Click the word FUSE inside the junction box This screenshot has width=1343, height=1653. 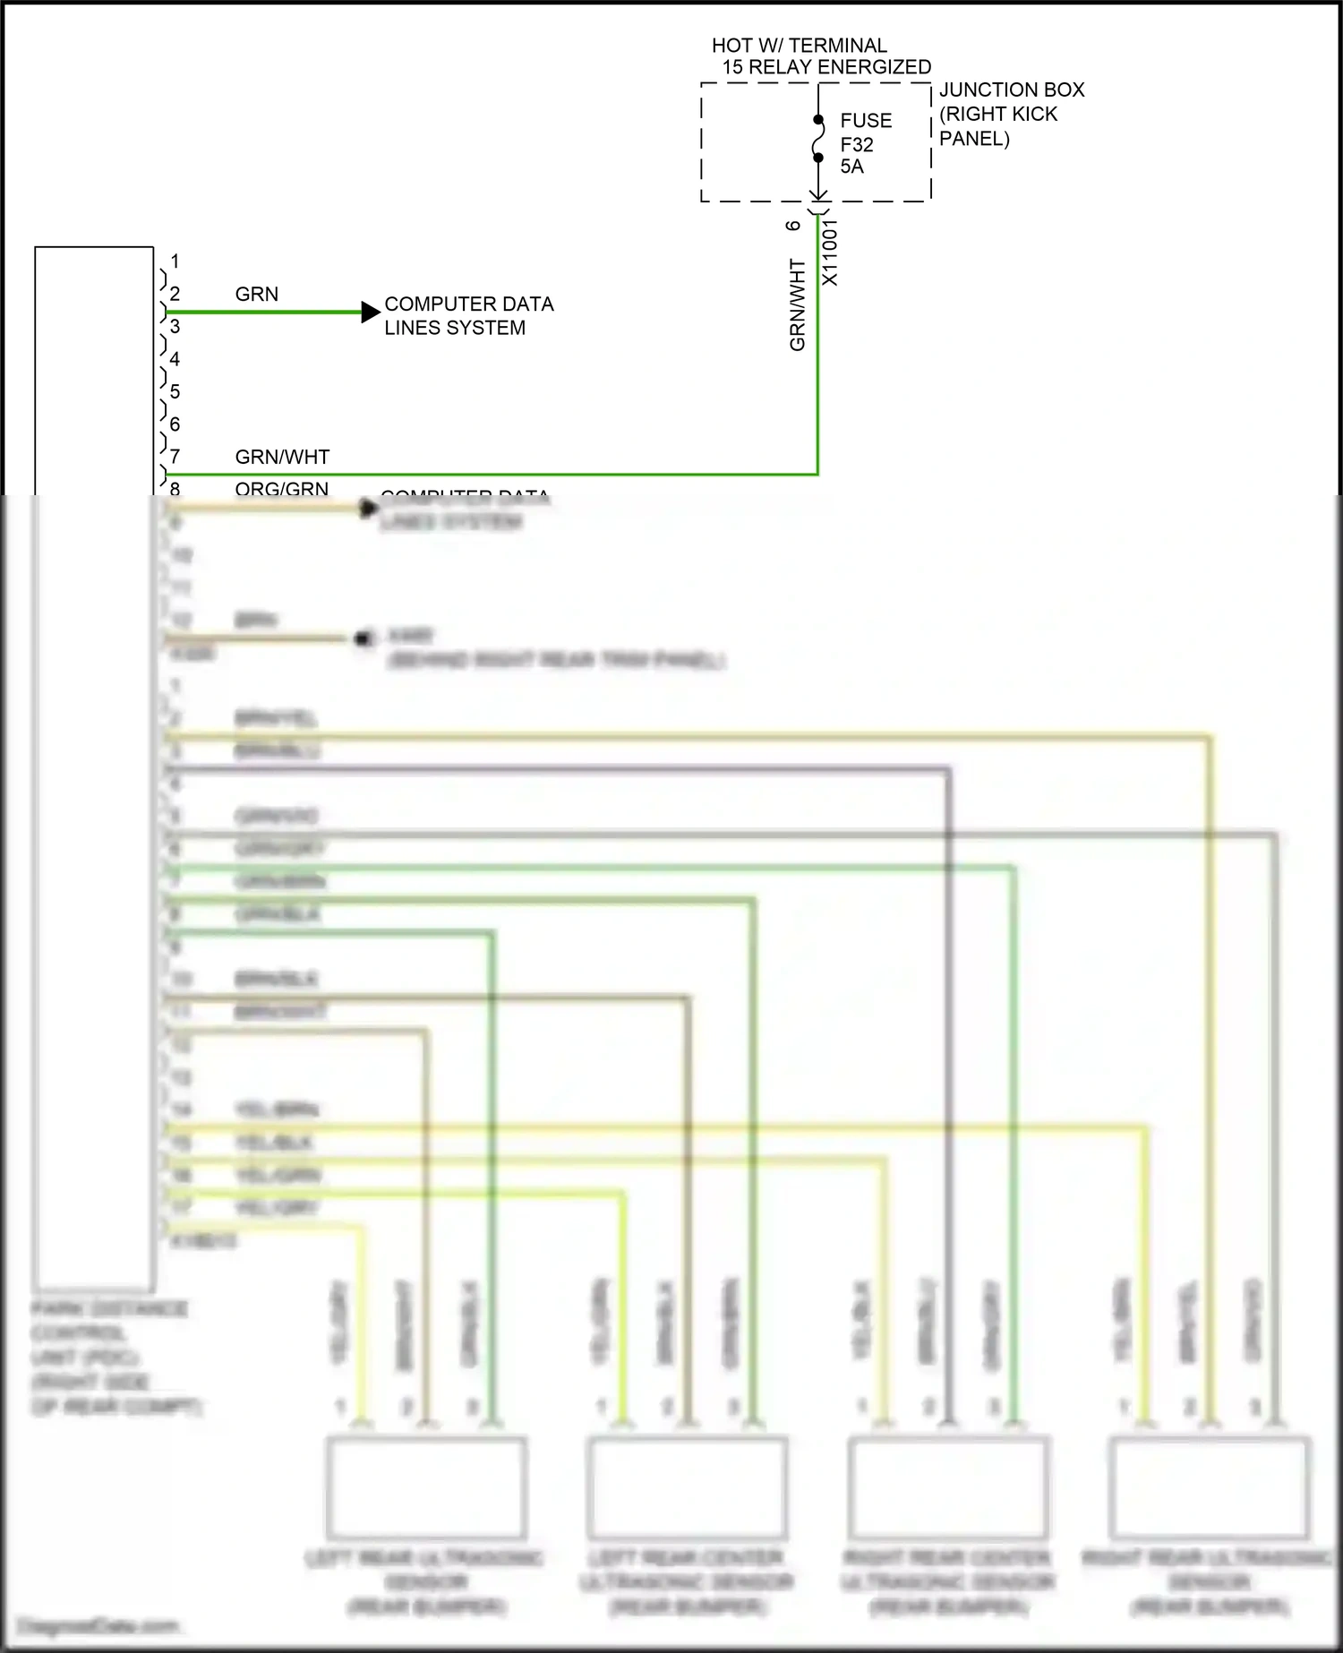coord(866,121)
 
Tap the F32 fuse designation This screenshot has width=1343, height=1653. coord(857,144)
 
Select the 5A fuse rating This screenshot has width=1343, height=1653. coord(851,167)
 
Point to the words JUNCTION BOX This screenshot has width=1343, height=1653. coord(1012,90)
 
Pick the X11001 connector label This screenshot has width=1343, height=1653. coord(831,253)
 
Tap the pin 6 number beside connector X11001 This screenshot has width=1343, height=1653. coord(793,226)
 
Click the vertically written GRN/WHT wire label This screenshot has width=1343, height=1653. coord(797,304)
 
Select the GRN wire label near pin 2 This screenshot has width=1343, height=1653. coord(257,295)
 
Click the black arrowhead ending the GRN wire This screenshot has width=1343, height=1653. coord(371,312)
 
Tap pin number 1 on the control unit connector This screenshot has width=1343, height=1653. coord(175,261)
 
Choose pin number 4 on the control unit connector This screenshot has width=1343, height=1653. coord(175,359)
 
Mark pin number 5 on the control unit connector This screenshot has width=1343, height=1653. coord(175,391)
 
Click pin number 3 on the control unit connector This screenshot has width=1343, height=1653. coord(175,327)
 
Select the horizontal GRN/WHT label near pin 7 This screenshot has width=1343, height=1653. coord(282,458)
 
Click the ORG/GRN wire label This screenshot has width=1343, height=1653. coord(281,489)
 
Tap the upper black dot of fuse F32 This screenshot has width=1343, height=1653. coord(818,119)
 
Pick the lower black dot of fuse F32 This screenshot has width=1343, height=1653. coord(818,158)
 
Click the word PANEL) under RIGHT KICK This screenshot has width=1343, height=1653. coord(974,139)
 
